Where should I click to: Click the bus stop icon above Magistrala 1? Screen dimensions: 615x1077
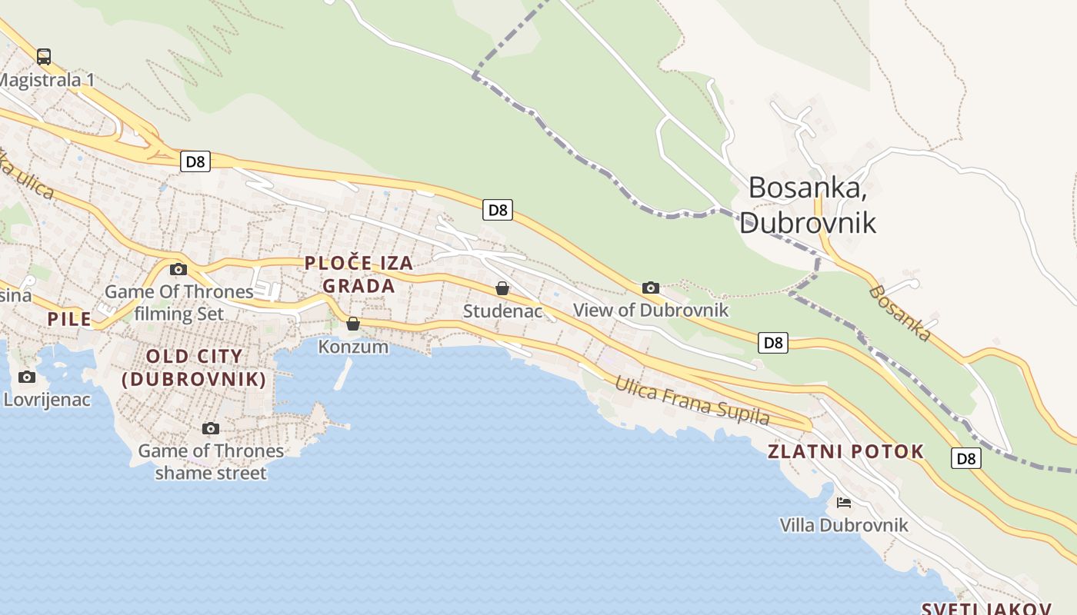44,56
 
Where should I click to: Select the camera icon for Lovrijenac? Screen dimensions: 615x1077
27,377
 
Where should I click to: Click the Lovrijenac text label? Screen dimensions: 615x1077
47,400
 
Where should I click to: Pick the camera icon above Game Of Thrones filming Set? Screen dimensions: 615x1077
178,269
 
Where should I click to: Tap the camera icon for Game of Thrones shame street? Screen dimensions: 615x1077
211,428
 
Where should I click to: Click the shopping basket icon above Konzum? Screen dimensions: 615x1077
353,324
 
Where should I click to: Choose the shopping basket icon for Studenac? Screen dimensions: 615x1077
502,288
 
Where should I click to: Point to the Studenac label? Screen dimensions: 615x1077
502,311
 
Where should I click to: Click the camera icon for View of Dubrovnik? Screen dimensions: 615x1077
651,288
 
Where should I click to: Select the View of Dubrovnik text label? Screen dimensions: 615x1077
651,311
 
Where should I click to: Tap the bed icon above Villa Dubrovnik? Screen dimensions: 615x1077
844,503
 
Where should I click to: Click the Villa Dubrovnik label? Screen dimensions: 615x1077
844,525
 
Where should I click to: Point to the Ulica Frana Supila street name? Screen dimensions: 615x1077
692,400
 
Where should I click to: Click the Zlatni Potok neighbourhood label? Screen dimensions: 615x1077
845,451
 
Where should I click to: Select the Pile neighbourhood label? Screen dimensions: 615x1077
69,319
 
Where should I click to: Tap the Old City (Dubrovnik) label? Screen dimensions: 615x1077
194,367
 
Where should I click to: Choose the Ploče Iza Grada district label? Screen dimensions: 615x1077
358,274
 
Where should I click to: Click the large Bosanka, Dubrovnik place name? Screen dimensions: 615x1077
808,204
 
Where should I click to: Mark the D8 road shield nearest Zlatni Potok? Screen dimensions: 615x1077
966,458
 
